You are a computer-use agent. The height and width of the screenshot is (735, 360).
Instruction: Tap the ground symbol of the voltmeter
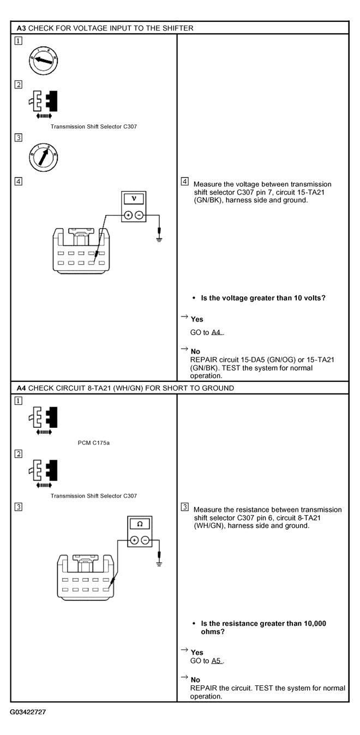click(159, 238)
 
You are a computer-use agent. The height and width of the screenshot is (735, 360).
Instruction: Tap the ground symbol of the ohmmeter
click(159, 563)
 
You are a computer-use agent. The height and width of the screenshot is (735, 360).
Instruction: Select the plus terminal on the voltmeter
click(128, 215)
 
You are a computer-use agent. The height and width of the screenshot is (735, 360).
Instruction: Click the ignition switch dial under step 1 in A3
click(43, 61)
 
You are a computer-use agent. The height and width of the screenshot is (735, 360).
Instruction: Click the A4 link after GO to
click(217, 332)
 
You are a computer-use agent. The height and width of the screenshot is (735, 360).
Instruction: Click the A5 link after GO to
click(217, 661)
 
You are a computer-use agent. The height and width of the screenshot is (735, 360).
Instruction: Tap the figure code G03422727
click(31, 712)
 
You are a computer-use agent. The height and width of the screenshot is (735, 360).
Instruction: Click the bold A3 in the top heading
click(21, 28)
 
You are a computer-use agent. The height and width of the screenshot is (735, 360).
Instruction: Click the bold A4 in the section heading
click(21, 388)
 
